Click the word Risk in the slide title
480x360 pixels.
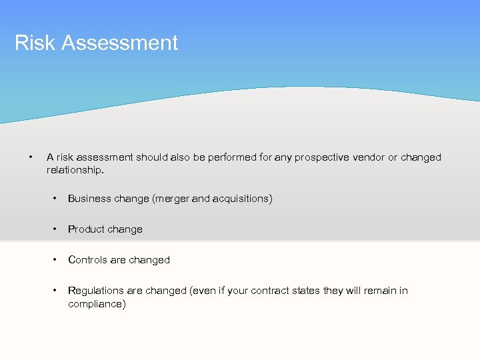point(31,43)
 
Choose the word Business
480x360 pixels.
point(89,199)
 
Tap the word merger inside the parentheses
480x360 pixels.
point(174,199)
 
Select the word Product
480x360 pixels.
point(86,229)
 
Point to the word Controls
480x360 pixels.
point(87,260)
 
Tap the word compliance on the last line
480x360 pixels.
point(95,304)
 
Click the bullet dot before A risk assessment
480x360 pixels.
point(31,157)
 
